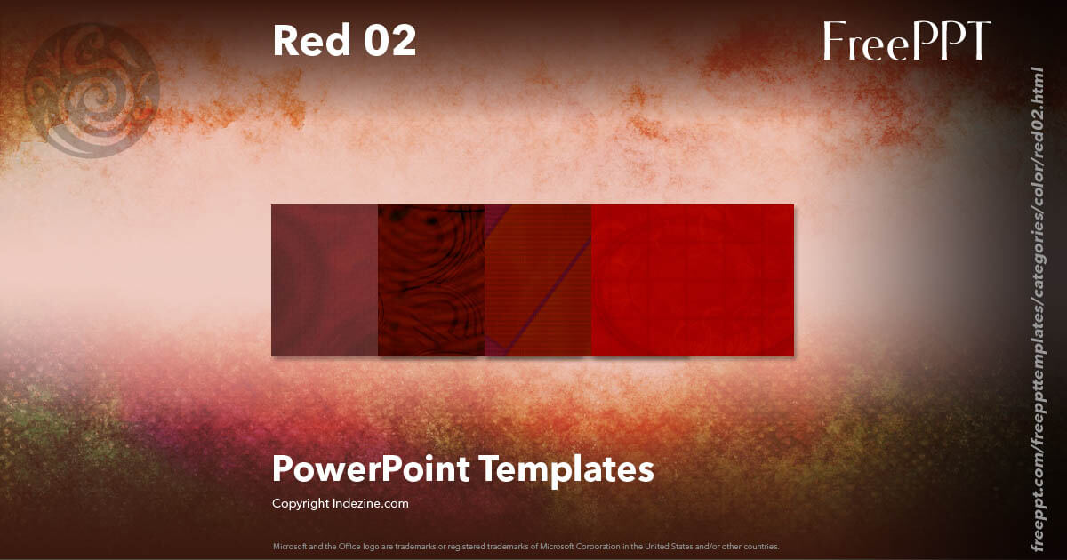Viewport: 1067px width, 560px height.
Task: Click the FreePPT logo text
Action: tap(906, 42)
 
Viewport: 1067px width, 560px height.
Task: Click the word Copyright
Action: tap(298, 503)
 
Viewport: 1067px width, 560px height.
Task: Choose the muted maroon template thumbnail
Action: tap(325, 280)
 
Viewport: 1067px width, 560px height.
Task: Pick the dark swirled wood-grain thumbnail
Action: tap(431, 280)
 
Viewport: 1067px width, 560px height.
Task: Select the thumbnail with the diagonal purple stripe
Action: tap(538, 280)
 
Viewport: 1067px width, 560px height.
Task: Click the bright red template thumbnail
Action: tap(693, 280)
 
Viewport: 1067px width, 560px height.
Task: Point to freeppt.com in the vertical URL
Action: tap(1035, 511)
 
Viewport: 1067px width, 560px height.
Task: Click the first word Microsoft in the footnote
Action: tap(289, 546)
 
